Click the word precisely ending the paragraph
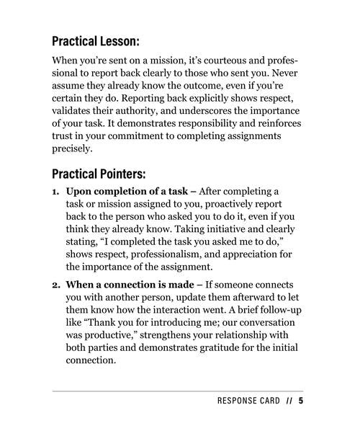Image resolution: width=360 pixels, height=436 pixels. tap(72, 149)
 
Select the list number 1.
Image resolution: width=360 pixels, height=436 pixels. tap(55, 192)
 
